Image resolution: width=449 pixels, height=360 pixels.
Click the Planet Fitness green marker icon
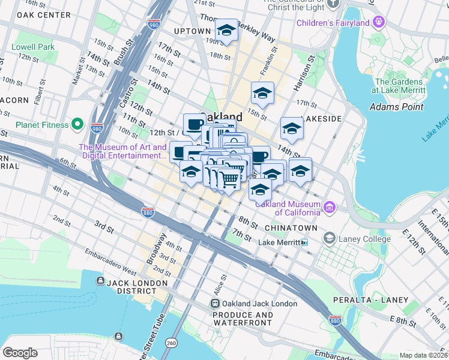77,125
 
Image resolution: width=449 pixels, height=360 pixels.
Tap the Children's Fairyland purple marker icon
378,23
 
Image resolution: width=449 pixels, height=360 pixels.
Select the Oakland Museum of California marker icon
329,208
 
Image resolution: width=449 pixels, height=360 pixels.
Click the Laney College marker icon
329,239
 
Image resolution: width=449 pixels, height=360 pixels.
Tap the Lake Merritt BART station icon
305,242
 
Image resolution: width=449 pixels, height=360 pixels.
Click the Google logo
20,353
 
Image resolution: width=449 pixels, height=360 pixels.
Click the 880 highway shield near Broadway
148,212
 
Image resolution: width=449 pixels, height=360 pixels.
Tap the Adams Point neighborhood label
396,107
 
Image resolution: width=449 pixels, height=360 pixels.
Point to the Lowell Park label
33,47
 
